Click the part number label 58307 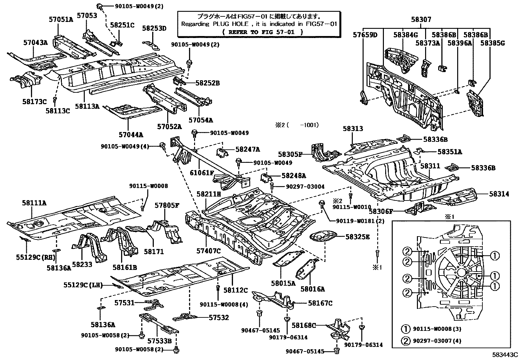point(421,20)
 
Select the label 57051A point(61,19)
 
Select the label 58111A point(34,203)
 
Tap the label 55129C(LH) point(83,286)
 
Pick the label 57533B point(159,341)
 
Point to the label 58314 point(499,194)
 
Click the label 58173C point(34,102)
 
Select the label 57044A point(131,135)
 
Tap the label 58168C point(304,325)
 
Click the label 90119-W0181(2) point(360,221)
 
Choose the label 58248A point(294,176)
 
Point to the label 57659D point(365,35)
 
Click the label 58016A point(313,289)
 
